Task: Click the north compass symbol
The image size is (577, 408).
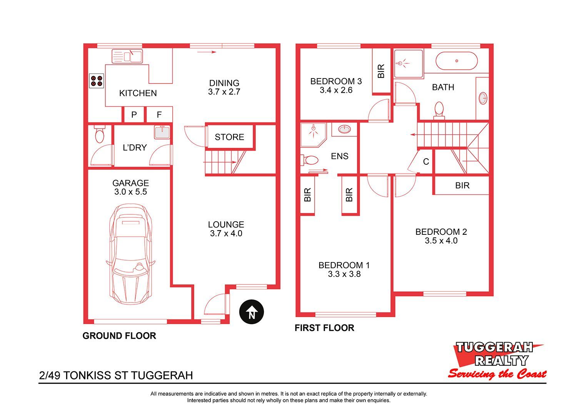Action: (252, 312)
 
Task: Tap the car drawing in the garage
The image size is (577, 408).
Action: (131, 254)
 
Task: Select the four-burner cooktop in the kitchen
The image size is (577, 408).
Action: (96, 81)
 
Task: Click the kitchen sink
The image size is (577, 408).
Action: (127, 56)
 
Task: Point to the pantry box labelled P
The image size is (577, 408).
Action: (134, 114)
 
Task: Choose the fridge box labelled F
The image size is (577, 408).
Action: (159, 114)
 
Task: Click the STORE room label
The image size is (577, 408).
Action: (229, 137)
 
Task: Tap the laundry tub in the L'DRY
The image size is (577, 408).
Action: (162, 132)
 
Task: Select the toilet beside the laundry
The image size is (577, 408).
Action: (99, 134)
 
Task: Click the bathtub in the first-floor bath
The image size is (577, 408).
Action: (457, 61)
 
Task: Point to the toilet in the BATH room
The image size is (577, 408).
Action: (439, 110)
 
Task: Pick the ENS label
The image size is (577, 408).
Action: (340, 156)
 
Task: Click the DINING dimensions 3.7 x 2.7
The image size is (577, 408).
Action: (224, 92)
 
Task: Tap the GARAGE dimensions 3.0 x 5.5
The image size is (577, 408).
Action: (131, 192)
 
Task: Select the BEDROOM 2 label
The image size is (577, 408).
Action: (441, 232)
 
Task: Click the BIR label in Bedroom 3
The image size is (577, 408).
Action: (381, 71)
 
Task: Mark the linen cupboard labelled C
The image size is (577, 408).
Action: (426, 162)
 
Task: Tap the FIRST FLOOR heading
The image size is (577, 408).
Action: (324, 328)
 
